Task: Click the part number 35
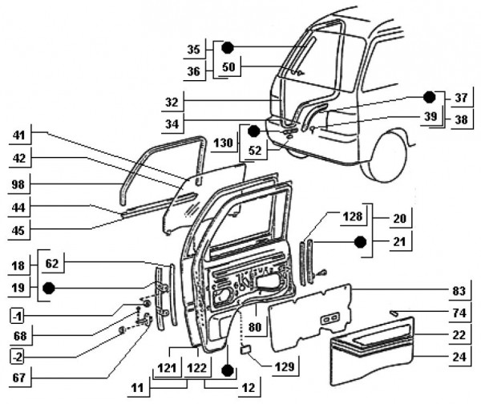[193, 50]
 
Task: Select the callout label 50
[228, 67]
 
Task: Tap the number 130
[224, 141]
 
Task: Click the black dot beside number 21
[361, 240]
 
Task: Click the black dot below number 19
[48, 287]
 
